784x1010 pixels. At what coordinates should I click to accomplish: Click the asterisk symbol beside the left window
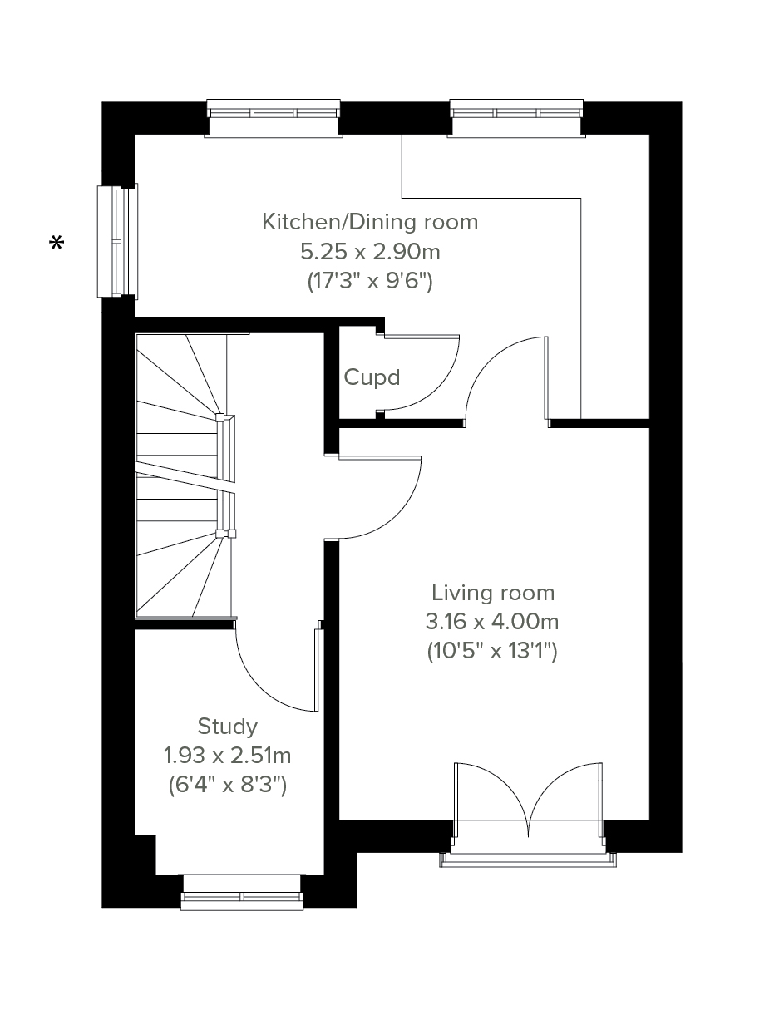(x=57, y=243)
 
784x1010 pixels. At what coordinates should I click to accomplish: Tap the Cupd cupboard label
(x=372, y=377)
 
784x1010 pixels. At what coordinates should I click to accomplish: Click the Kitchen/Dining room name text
(x=370, y=222)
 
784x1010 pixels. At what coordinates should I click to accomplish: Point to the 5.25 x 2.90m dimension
(x=370, y=252)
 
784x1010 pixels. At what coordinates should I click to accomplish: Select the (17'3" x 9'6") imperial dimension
(x=370, y=281)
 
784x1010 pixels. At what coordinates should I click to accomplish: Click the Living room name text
(x=493, y=593)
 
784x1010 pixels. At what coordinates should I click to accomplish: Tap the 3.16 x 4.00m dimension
(x=492, y=622)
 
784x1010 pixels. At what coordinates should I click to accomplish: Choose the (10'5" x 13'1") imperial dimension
(x=492, y=651)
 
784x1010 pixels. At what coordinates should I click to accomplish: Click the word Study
(x=227, y=727)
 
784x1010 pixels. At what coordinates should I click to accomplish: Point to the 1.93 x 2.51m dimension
(x=227, y=756)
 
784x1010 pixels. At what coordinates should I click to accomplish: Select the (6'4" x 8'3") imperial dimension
(x=227, y=785)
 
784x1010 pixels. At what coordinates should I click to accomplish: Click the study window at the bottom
(x=242, y=893)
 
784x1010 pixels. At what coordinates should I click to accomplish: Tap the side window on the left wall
(x=117, y=241)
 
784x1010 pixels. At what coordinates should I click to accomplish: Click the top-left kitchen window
(x=274, y=118)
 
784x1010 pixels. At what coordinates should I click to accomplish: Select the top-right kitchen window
(x=516, y=118)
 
